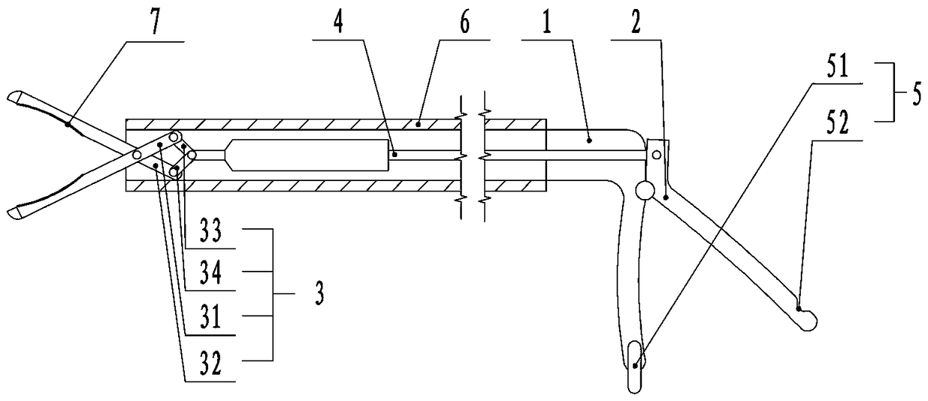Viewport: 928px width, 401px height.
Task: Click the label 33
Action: pos(215,232)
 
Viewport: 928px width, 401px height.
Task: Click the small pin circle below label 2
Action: pos(656,155)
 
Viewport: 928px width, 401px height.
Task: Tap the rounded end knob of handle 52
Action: pos(808,320)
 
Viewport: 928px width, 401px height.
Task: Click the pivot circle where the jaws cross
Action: pos(138,154)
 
